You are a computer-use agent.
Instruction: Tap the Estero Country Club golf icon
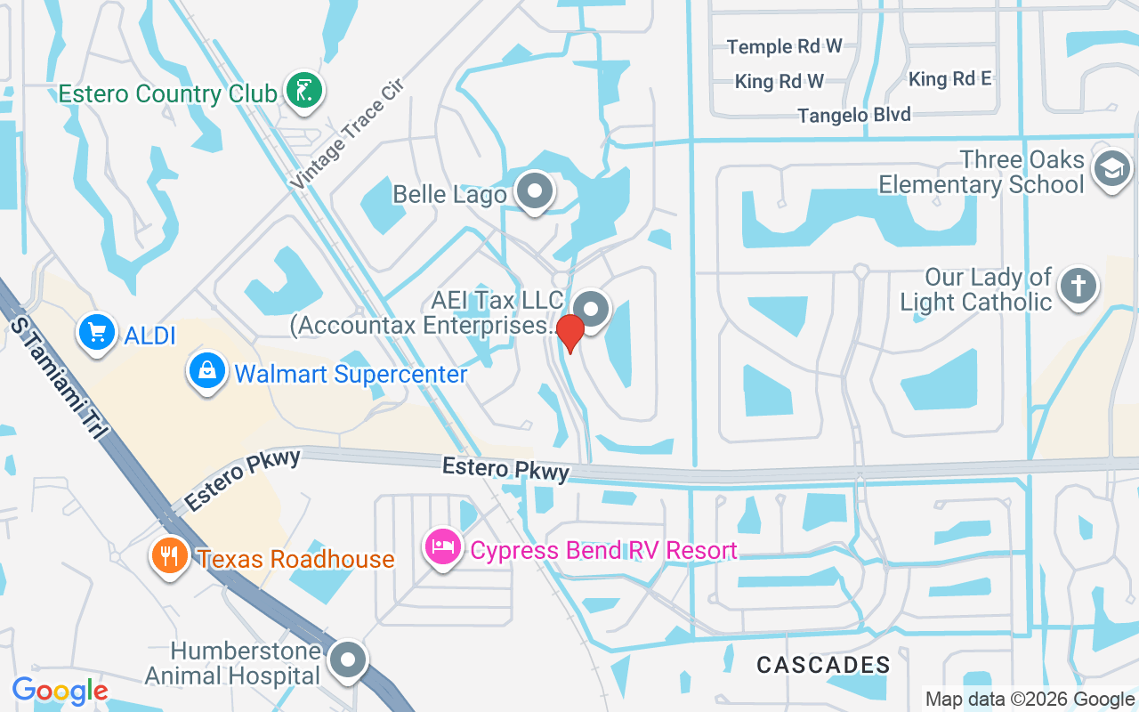[x=304, y=91]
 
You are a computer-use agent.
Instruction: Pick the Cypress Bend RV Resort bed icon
[x=444, y=547]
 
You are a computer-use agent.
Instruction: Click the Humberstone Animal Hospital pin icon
[x=348, y=661]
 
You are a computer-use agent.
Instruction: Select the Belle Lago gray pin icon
[x=535, y=191]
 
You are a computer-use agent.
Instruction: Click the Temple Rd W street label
[x=784, y=46]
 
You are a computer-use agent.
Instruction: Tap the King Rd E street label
[x=949, y=79]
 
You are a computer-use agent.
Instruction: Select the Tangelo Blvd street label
[x=854, y=115]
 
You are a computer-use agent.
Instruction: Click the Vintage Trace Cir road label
[x=347, y=133]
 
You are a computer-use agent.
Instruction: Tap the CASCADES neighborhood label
[x=823, y=664]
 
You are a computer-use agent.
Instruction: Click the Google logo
[x=60, y=691]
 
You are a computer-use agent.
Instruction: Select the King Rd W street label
[x=779, y=82]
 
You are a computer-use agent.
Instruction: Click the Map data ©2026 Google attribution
[x=1030, y=700]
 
